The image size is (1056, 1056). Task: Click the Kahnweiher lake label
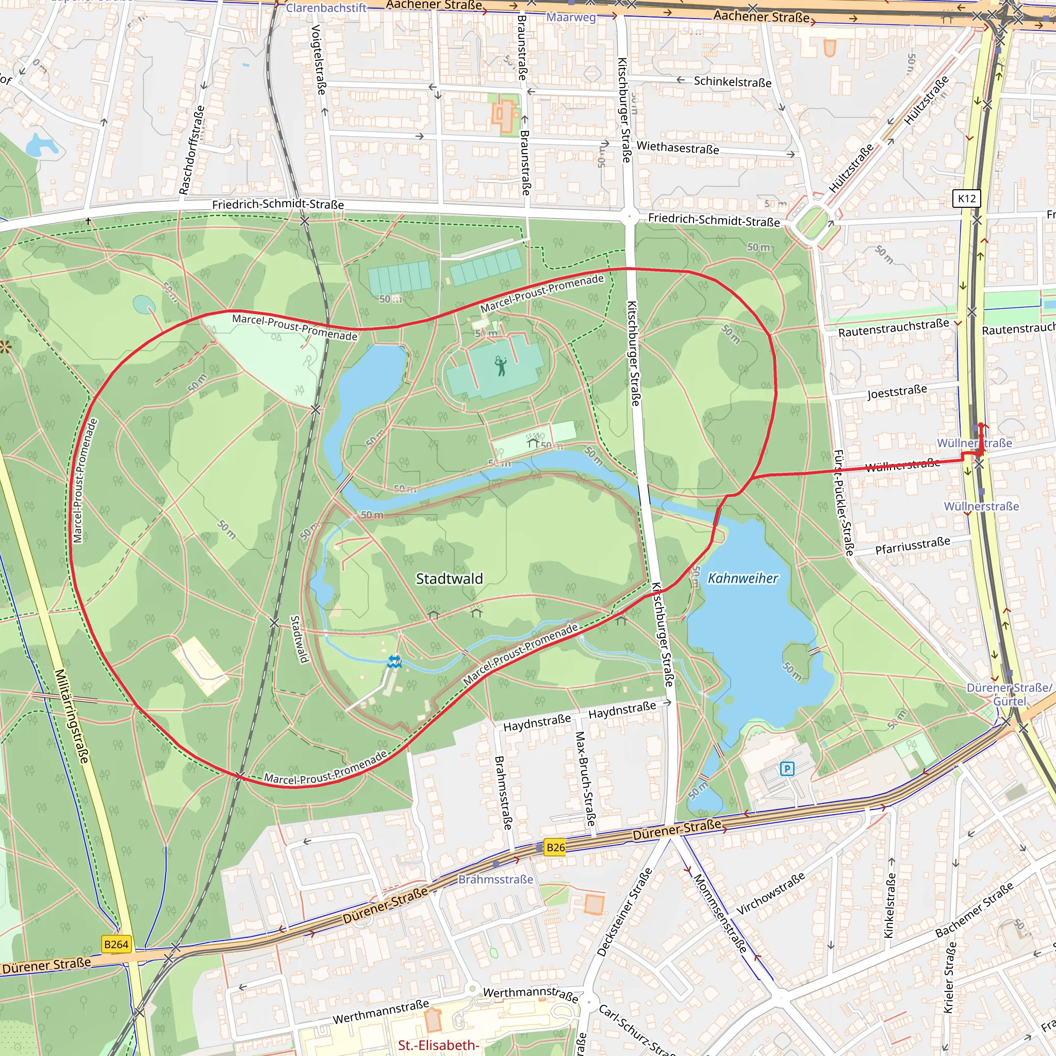(742, 579)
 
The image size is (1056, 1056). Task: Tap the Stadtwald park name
(449, 579)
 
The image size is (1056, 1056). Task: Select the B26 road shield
(555, 848)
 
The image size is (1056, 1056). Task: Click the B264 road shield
(117, 945)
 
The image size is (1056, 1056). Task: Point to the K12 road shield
(967, 199)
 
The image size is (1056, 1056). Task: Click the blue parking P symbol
(787, 769)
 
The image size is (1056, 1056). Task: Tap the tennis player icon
(501, 366)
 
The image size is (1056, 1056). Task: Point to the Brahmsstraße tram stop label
(495, 880)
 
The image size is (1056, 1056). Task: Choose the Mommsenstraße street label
(720, 913)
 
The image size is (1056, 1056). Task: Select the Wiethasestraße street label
(678, 147)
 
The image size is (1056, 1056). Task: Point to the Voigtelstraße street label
(318, 59)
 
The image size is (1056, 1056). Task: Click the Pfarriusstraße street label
(913, 546)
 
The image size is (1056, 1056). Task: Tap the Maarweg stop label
(571, 17)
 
